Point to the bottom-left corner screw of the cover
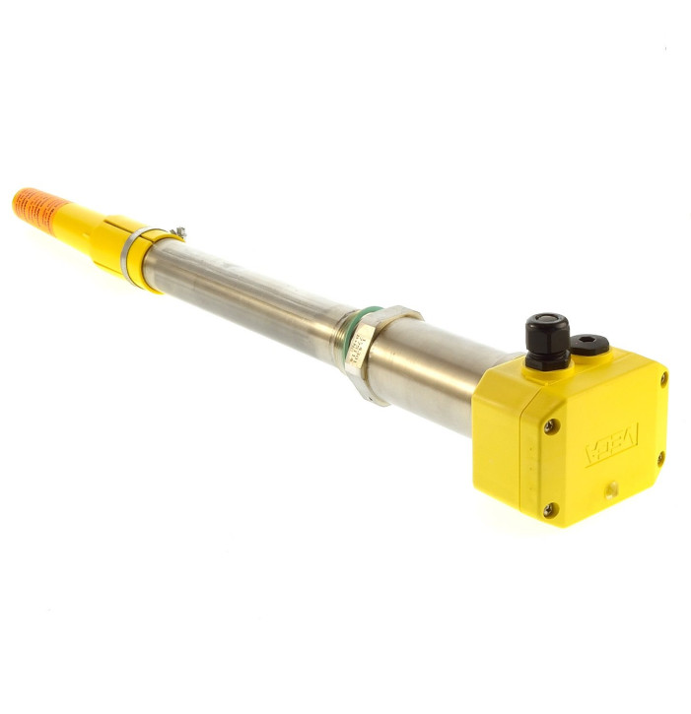(549, 510)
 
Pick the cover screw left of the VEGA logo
(552, 425)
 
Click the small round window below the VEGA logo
(611, 487)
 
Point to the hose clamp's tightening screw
(176, 232)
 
